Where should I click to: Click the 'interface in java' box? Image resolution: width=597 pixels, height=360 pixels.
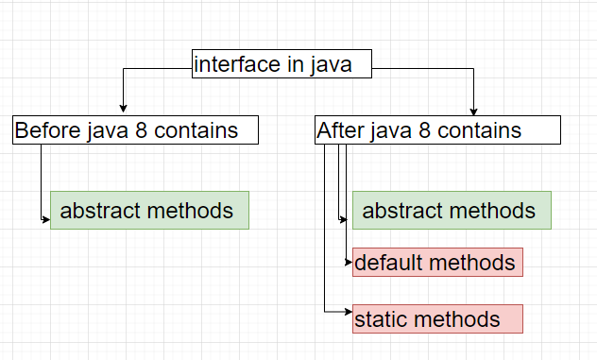pyautogui.click(x=281, y=64)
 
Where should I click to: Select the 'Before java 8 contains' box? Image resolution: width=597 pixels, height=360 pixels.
pyautogui.click(x=135, y=130)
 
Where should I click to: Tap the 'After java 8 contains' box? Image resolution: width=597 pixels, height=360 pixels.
pyautogui.click(x=437, y=130)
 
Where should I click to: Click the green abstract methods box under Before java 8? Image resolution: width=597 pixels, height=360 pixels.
pyautogui.click(x=149, y=210)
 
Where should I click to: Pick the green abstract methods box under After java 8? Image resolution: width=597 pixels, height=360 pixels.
pyautogui.click(x=452, y=210)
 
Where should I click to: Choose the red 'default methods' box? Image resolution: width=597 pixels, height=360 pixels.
pyautogui.click(x=437, y=262)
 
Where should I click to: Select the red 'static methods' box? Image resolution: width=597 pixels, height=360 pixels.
pyautogui.click(x=437, y=319)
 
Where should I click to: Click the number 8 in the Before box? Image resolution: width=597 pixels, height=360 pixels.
pyautogui.click(x=141, y=130)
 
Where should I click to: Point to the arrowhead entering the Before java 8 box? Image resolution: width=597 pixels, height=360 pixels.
pyautogui.click(x=123, y=109)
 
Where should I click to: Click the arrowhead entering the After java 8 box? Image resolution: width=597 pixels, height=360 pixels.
pyautogui.click(x=474, y=109)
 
